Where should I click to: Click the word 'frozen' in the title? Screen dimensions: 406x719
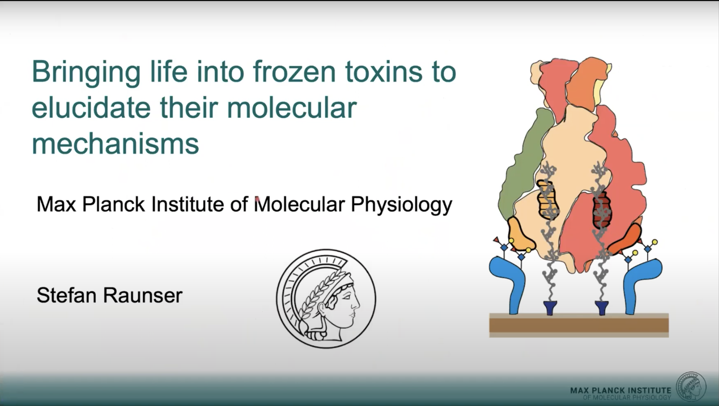294,72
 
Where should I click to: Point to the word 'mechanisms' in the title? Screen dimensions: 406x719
115,144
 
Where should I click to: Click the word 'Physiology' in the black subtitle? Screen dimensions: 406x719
401,205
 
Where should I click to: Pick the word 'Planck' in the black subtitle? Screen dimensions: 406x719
113,204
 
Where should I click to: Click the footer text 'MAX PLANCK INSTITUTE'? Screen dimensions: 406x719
621,390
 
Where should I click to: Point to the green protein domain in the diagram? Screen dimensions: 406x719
525,165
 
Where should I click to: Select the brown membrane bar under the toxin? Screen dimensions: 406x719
579,325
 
